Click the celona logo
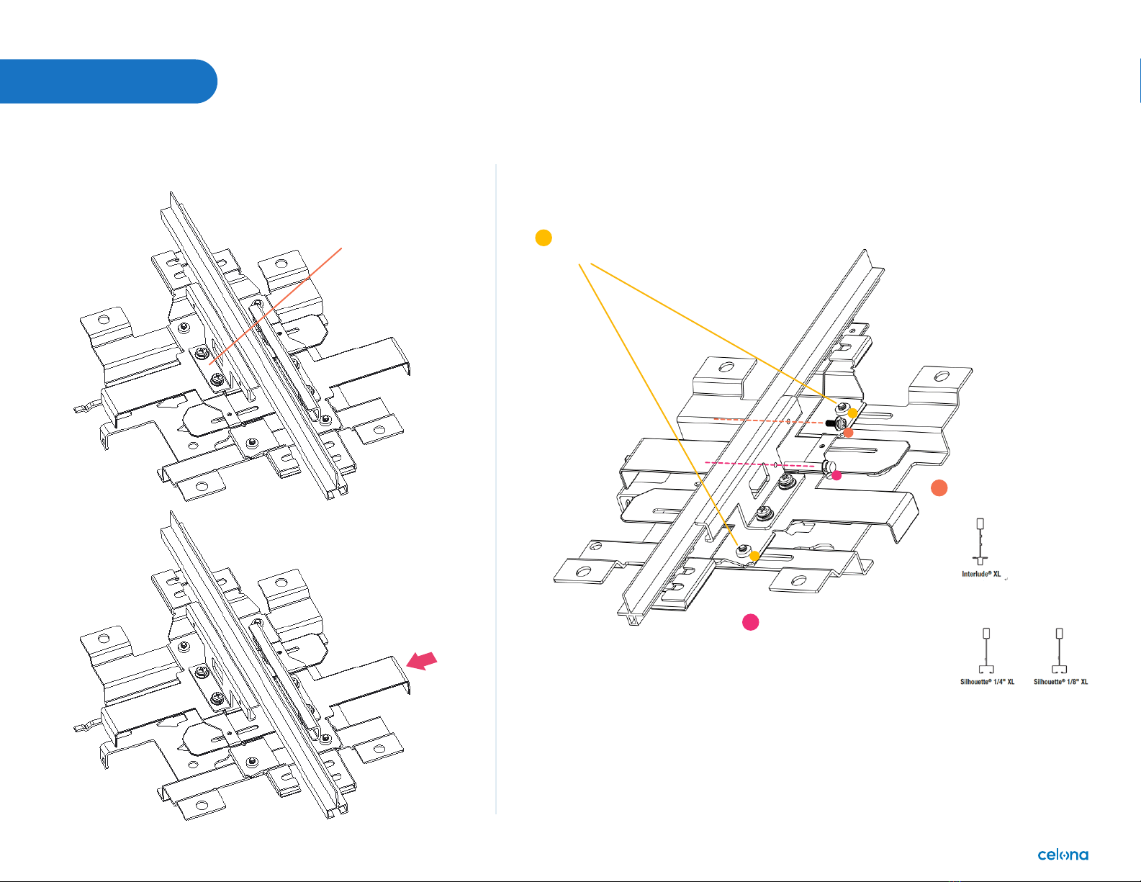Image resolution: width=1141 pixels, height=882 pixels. tap(1063, 855)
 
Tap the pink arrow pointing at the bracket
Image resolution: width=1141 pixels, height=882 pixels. tap(422, 661)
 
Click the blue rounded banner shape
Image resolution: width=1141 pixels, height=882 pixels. tap(108, 81)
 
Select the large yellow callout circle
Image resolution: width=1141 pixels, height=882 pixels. tap(544, 238)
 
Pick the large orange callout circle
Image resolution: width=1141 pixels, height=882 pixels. tap(939, 487)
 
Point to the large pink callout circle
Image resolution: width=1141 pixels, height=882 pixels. tap(750, 622)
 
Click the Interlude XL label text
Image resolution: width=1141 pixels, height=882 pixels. tap(981, 574)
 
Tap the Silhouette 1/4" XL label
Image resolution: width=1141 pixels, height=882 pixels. tap(987, 682)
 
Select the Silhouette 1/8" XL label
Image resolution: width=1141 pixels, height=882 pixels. tap(1060, 682)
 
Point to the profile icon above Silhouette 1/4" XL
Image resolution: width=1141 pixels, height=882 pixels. tap(986, 651)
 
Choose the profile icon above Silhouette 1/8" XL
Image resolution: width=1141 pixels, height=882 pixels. tap(1060, 651)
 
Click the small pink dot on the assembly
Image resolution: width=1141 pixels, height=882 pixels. tap(836, 475)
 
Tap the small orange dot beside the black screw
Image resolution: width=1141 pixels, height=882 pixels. tap(848, 433)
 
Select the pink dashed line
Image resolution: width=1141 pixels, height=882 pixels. tap(756, 464)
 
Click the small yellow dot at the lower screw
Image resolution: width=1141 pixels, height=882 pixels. tap(754, 556)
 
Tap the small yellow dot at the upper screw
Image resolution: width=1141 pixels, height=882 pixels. tap(853, 413)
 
